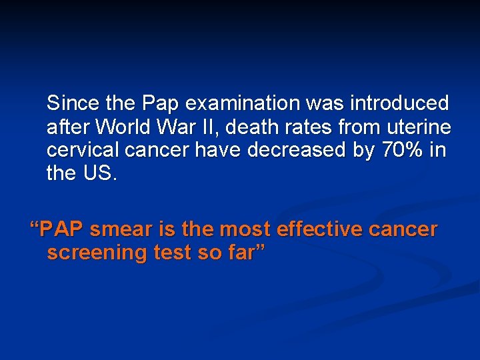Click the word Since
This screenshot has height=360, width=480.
coord(71,103)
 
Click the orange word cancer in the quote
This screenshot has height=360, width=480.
coord(404,229)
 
